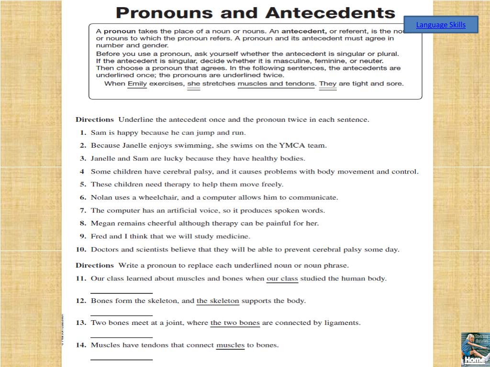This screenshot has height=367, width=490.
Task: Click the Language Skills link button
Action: pyautogui.click(x=441, y=25)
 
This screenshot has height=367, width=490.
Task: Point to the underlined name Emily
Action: pyautogui.click(x=137, y=84)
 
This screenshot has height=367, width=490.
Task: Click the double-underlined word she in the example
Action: pyautogui.click(x=193, y=84)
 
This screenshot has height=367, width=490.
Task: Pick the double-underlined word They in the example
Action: pyautogui.click(x=328, y=84)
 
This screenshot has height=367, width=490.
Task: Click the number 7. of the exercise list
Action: pyautogui.click(x=82, y=210)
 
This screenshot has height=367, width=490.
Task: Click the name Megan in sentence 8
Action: pyautogui.click(x=102, y=223)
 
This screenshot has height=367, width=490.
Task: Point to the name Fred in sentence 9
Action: pyautogui.click(x=99, y=236)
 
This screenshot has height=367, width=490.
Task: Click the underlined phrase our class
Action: pyautogui.click(x=282, y=278)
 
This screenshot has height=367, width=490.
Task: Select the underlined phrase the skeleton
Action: pyautogui.click(x=218, y=301)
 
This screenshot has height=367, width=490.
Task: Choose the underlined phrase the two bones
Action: pyautogui.click(x=235, y=323)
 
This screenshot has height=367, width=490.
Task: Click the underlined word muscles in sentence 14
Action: pyautogui.click(x=230, y=345)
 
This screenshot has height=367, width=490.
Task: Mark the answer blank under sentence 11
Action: pyautogui.click(x=122, y=292)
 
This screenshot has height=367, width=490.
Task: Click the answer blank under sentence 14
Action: pyautogui.click(x=122, y=358)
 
